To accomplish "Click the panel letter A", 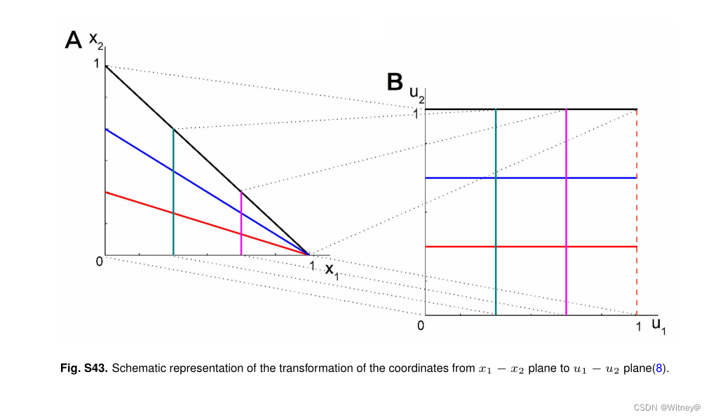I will (x=74, y=40).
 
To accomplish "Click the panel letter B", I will (x=395, y=82).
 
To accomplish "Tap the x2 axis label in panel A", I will (x=96, y=42).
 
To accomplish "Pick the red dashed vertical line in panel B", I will (x=637, y=210).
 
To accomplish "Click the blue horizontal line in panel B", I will (x=533, y=178).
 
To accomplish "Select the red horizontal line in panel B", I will (x=533, y=247).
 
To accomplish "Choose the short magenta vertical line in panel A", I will (x=241, y=223).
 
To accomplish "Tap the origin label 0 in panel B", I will (x=420, y=326).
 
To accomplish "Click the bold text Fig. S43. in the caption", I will (x=84, y=368).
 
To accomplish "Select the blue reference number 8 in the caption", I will (x=657, y=368).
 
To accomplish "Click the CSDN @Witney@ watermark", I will (x=667, y=408).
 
